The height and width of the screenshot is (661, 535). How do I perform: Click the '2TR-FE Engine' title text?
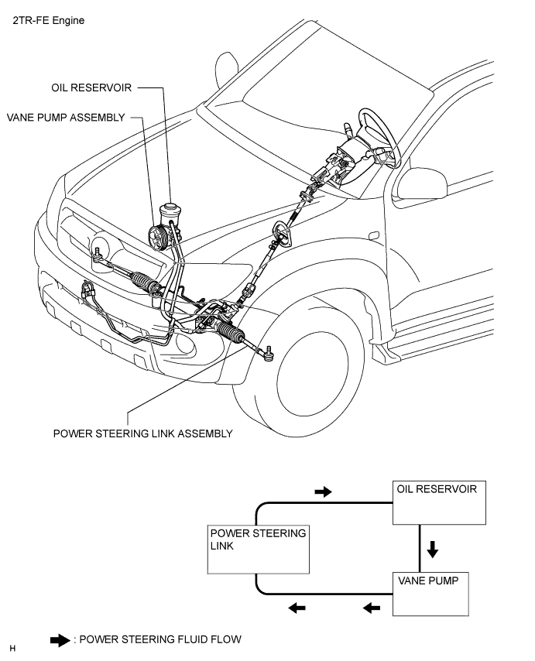tap(48, 21)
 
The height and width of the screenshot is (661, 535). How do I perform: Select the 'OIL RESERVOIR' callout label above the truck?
tap(91, 88)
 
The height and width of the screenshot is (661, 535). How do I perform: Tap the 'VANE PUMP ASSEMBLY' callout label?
tap(65, 118)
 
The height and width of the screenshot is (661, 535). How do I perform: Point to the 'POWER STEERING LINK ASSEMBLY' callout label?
tap(142, 433)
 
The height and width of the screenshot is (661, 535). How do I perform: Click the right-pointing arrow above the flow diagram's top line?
tap(323, 491)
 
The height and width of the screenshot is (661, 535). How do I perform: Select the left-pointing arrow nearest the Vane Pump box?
tap(372, 608)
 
